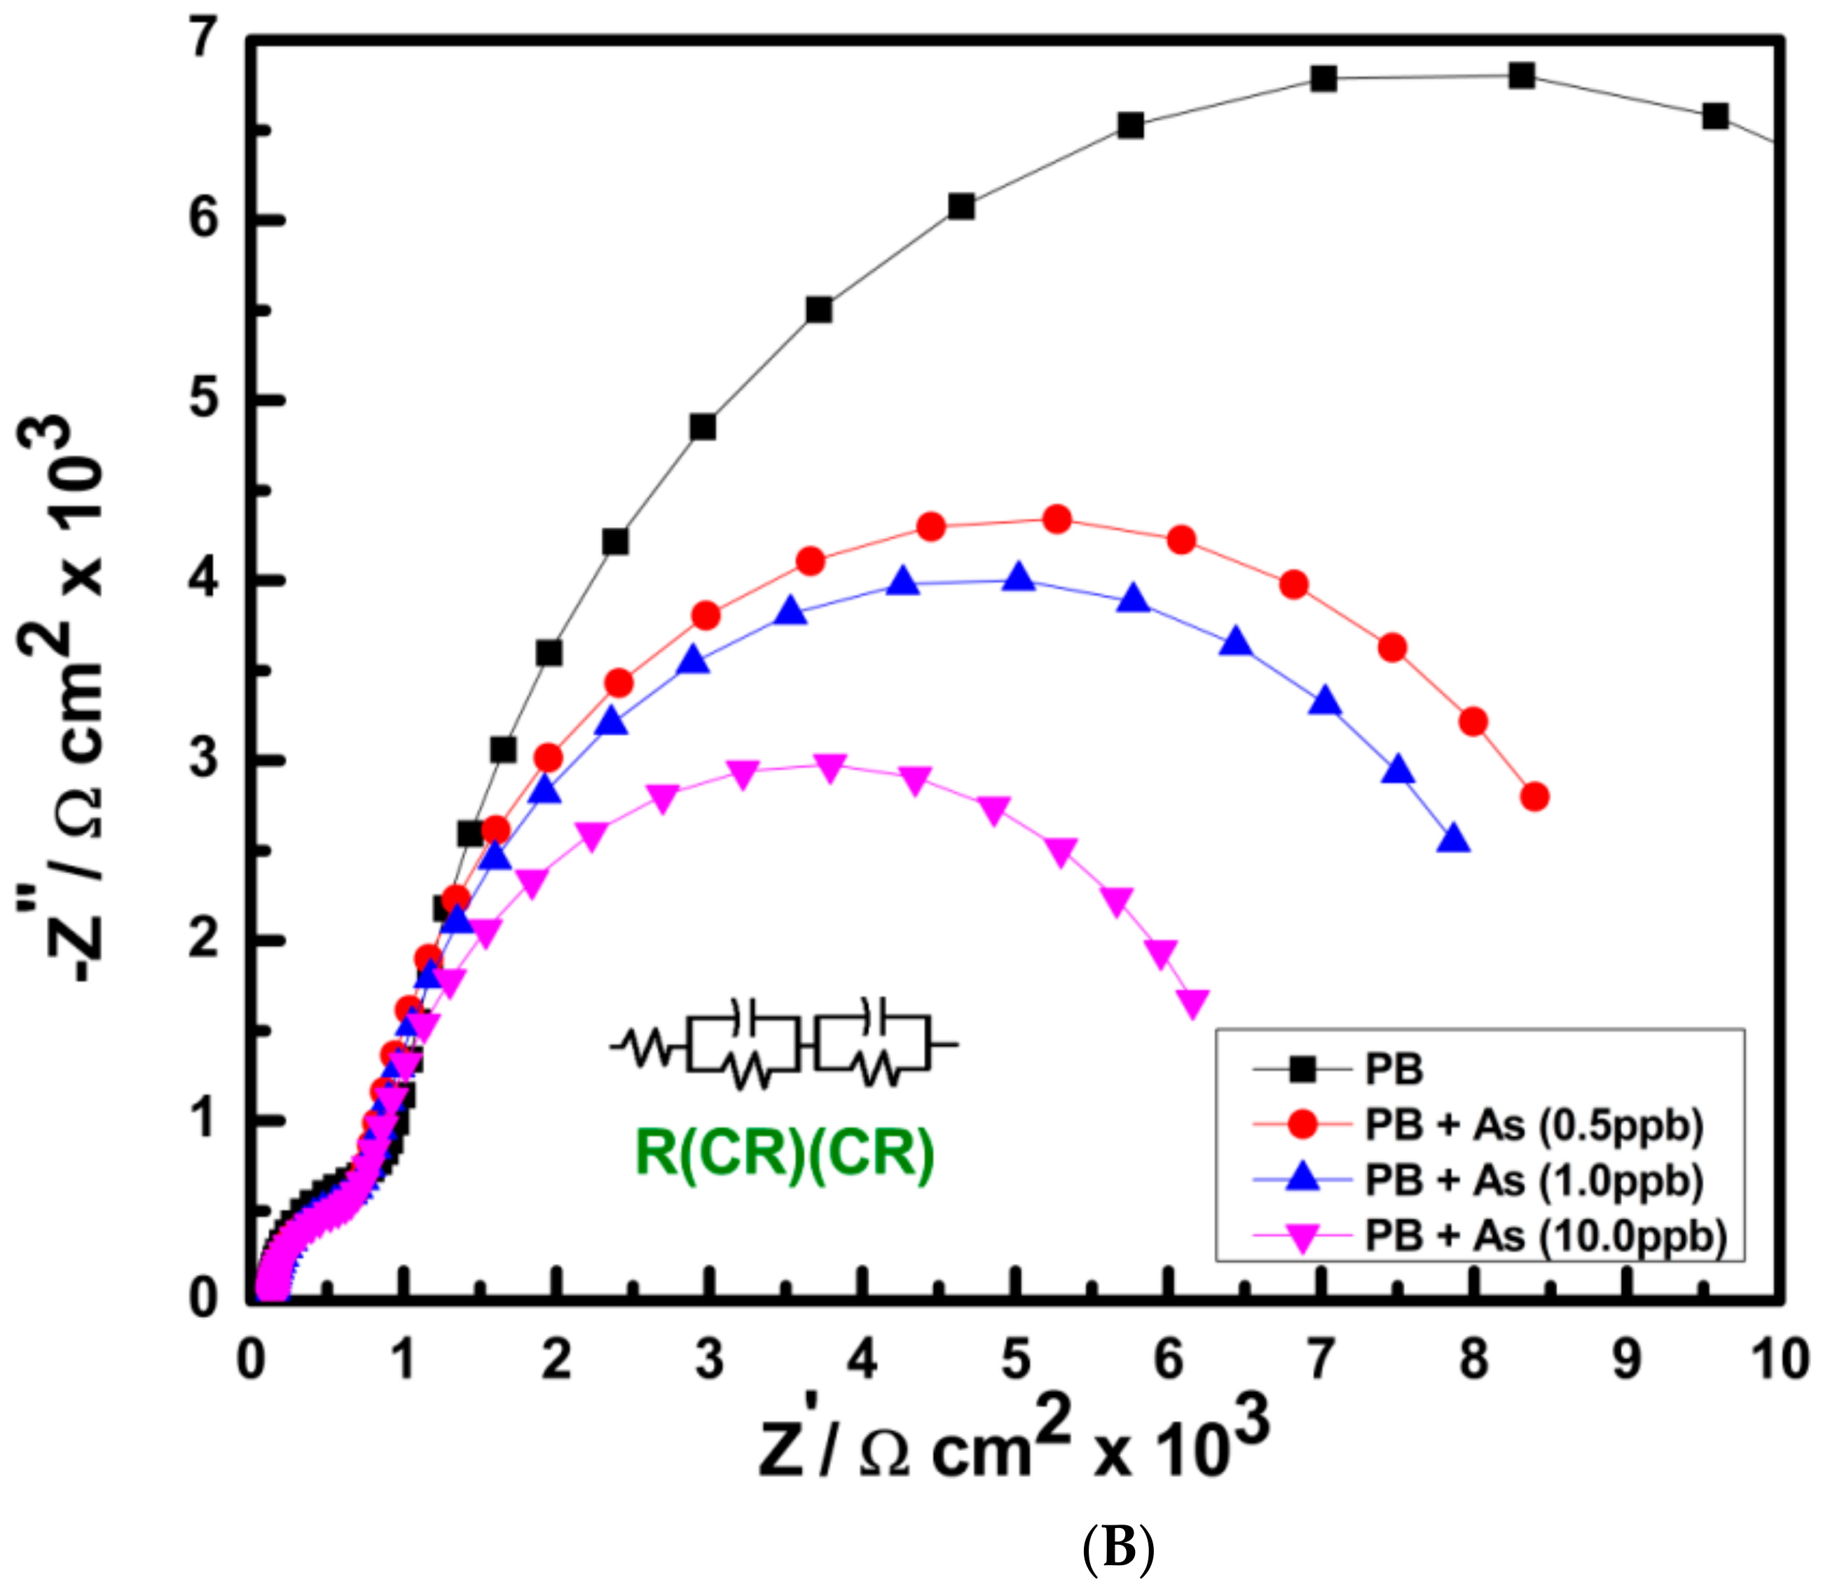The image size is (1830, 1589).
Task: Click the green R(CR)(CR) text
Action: click(785, 1154)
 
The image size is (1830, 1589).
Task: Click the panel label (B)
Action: click(1119, 1548)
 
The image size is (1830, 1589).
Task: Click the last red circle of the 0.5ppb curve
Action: click(1535, 797)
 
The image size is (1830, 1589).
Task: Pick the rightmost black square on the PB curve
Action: click(1716, 116)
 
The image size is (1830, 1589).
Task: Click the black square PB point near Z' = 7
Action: click(1323, 78)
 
